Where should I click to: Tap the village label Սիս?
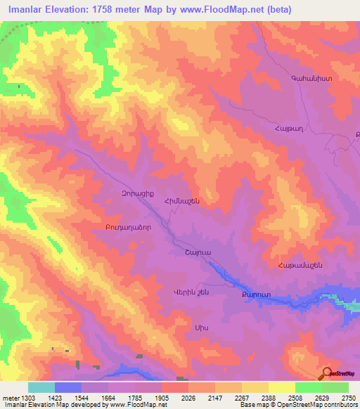click(201, 327)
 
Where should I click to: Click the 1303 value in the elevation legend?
click(29, 398)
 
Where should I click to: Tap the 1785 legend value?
click(135, 398)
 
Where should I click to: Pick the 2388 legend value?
click(269, 398)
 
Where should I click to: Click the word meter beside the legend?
click(11, 398)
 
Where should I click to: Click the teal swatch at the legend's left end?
click(41, 387)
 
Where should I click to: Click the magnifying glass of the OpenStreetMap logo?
click(326, 373)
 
